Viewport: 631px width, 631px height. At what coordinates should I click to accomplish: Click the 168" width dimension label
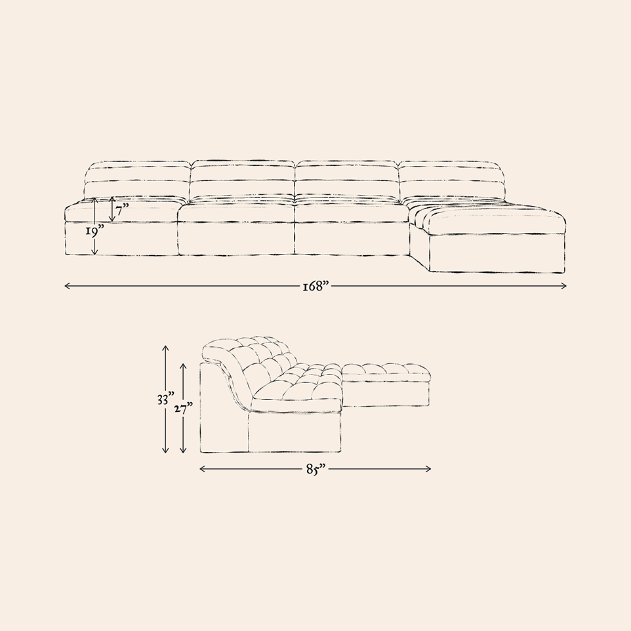tap(316, 286)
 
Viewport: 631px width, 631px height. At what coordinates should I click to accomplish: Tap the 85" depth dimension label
tap(315, 469)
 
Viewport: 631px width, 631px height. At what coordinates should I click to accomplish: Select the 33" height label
tap(166, 399)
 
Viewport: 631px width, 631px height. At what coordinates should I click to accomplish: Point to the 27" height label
tap(184, 409)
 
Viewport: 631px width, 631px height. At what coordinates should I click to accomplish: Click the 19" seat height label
tap(94, 231)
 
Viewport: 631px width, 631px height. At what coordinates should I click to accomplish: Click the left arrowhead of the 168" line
tap(67, 286)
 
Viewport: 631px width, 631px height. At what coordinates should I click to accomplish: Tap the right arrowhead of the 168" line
tap(564, 286)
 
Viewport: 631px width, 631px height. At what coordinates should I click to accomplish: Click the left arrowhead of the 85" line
tap(203, 469)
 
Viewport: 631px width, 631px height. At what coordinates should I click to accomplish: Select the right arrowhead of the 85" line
tap(428, 469)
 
